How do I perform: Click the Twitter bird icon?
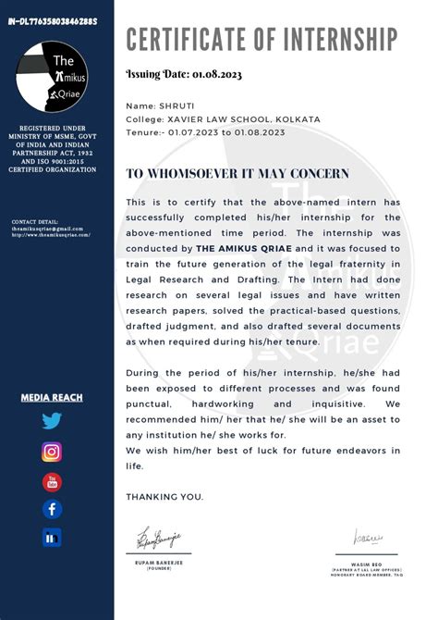52,422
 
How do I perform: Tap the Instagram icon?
52,452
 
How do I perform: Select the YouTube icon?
52,481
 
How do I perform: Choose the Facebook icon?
52,509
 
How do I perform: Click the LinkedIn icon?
52,538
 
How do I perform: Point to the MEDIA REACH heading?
52,398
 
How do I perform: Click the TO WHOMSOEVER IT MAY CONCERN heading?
237,173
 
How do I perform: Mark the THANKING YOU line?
164,497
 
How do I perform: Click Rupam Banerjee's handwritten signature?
159,537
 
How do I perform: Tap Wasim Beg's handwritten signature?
368,537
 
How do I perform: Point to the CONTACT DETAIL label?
35,222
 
